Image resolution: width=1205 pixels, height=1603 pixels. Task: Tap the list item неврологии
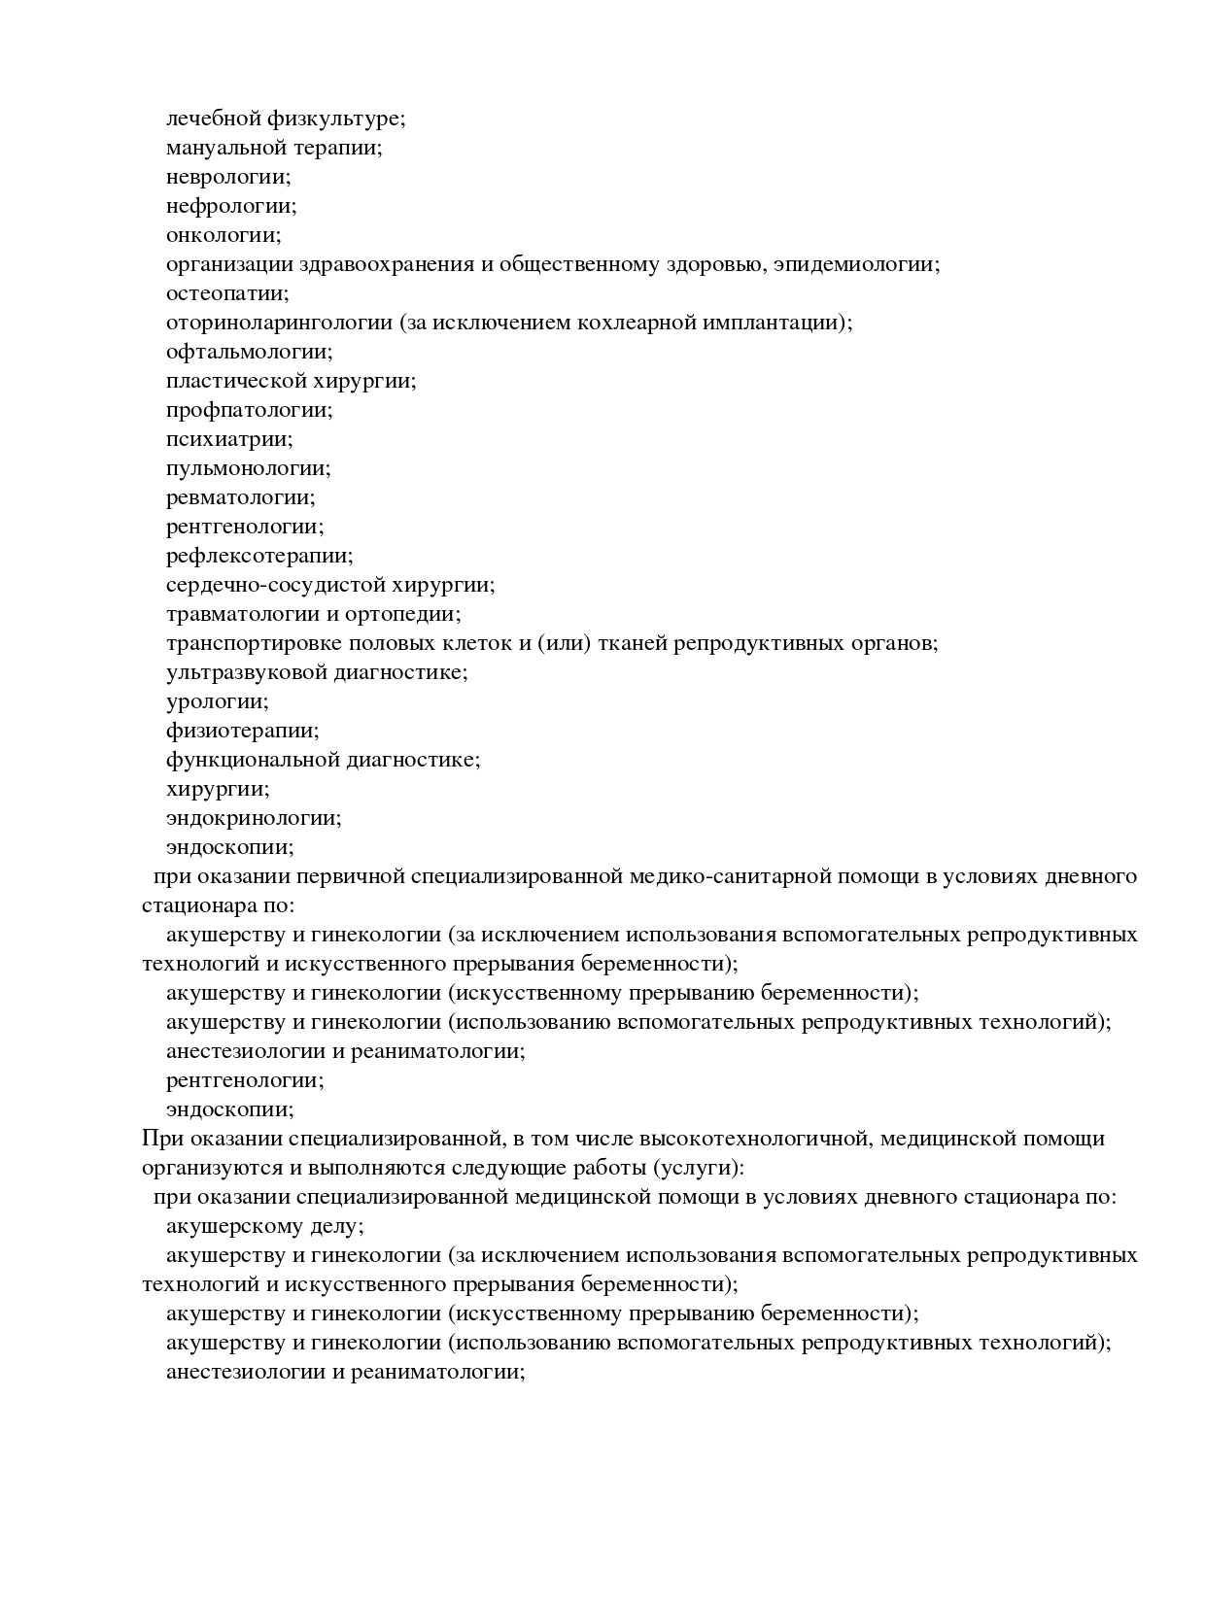227,177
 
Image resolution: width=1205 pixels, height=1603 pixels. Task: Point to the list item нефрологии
230,206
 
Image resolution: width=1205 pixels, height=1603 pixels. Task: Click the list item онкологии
223,235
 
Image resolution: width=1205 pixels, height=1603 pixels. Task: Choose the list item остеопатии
226,293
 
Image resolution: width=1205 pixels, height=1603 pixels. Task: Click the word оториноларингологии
279,323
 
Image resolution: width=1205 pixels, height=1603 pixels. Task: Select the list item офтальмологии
249,352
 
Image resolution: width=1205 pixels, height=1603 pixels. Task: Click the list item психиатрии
228,439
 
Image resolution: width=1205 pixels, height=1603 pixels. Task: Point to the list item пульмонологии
248,468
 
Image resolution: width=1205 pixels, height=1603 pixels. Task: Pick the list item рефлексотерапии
258,556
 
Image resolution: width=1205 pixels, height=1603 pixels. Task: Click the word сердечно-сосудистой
275,585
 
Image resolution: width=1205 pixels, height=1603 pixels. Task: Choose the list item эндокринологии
253,818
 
